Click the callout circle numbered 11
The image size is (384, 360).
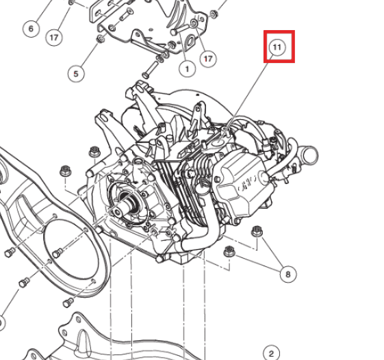tap(277, 47)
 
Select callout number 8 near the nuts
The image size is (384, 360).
tap(288, 274)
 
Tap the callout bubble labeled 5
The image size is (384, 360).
tap(77, 73)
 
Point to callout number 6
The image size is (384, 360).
tap(30, 29)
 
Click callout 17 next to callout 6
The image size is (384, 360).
tap(55, 38)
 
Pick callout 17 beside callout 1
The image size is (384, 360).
tap(208, 60)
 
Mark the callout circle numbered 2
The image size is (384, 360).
tap(271, 352)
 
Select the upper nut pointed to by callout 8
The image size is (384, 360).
tap(257, 231)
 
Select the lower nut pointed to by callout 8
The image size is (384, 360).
tap(229, 252)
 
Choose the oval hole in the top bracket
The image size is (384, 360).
tap(187, 47)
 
